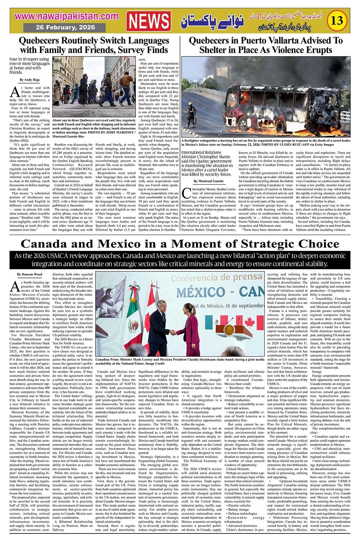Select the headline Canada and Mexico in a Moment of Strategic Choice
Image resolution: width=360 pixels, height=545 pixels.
click(180, 244)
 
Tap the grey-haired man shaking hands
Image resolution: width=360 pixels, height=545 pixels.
click(159, 328)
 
